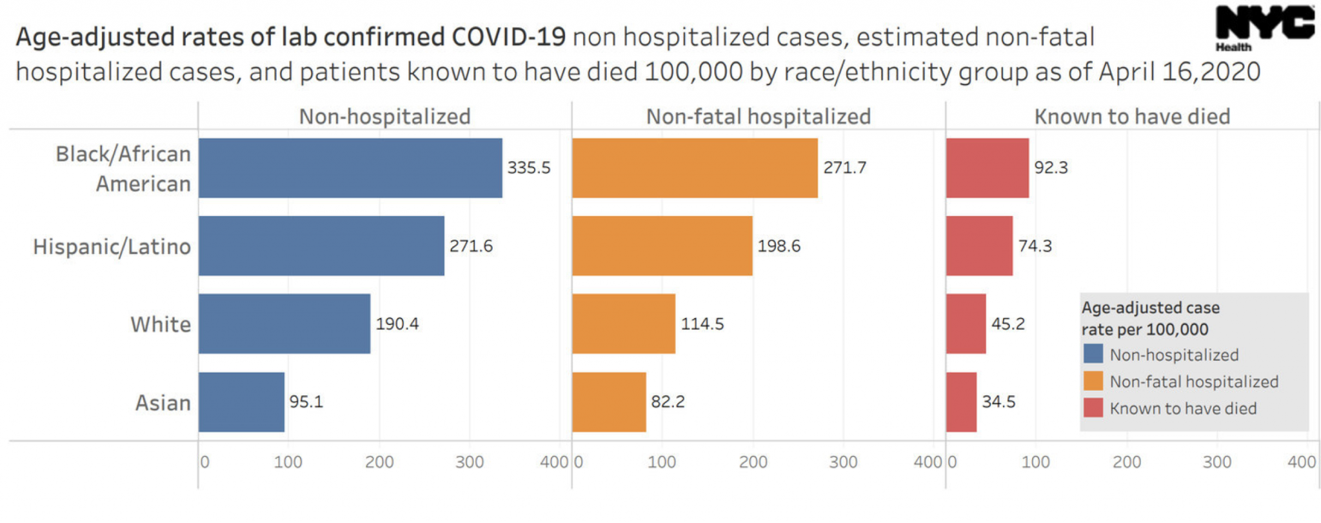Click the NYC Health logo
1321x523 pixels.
pyautogui.click(x=1264, y=27)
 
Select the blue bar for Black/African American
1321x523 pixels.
pyautogui.click(x=350, y=168)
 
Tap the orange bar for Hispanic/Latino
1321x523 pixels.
pyautogui.click(x=662, y=246)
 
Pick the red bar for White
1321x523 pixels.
pyautogui.click(x=966, y=324)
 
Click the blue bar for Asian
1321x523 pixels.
pyautogui.click(x=241, y=402)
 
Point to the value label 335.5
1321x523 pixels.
pyautogui.click(x=528, y=168)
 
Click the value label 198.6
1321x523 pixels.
pyautogui.click(x=779, y=246)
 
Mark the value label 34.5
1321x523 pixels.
pyautogui.click(x=998, y=402)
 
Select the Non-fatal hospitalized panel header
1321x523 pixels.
pyautogui.click(x=759, y=117)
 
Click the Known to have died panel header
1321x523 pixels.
pyautogui.click(x=1132, y=117)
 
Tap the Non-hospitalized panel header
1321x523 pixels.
pyautogui.click(x=384, y=117)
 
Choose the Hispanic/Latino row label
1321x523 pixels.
pyautogui.click(x=112, y=246)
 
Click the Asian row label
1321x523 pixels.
pyautogui.click(x=163, y=402)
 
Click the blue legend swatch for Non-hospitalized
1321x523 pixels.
pyautogui.click(x=1093, y=354)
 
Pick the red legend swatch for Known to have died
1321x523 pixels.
pyautogui.click(x=1093, y=408)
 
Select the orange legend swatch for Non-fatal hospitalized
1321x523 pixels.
pyautogui.click(x=1093, y=381)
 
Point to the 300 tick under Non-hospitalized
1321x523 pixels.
pyautogui.click(x=470, y=462)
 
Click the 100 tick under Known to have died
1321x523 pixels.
pyautogui.click(x=1036, y=462)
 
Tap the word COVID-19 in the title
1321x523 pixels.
pyautogui.click(x=508, y=37)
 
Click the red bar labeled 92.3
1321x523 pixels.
pyautogui.click(x=987, y=168)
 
